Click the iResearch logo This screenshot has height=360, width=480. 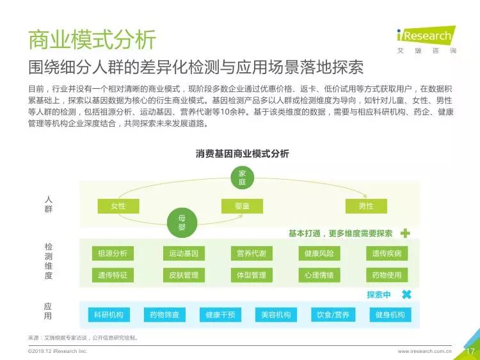click(426, 40)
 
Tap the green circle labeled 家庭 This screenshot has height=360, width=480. click(242, 178)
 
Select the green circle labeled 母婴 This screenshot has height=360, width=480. click(182, 223)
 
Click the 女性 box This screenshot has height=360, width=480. click(118, 206)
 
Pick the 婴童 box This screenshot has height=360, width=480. click(242, 206)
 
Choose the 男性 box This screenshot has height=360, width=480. click(366, 206)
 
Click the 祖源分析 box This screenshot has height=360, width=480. click(113, 253)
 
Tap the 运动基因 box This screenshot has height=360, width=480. click(184, 253)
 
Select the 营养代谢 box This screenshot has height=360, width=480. click(252, 253)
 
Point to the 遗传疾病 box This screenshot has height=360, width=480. click(387, 253)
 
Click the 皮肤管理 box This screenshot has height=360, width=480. click(184, 275)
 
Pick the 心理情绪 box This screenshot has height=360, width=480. click(319, 275)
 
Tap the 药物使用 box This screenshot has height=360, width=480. click(387, 275)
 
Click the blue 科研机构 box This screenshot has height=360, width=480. click(109, 315)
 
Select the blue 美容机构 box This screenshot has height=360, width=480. click(276, 315)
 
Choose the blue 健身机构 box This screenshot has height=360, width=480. click(390, 315)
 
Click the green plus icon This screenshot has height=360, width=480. click(405, 233)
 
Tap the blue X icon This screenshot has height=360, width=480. click(407, 295)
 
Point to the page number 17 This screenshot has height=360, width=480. click(470, 351)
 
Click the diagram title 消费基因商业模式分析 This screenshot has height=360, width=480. click(242, 153)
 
